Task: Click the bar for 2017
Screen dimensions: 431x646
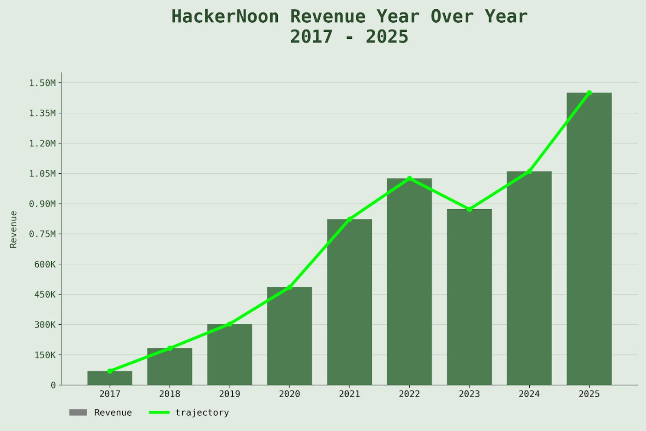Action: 110,378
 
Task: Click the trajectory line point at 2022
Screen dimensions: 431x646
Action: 409,178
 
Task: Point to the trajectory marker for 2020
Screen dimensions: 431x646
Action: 289,287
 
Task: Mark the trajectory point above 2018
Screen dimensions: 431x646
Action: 170,348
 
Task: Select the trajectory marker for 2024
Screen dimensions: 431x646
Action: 529,171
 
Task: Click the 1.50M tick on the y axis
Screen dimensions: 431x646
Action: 42,83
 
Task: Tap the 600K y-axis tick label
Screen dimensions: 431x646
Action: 45,264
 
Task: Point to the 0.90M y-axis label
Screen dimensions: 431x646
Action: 42,204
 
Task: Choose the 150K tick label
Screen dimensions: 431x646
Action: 45,355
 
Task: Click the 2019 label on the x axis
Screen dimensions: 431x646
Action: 229,394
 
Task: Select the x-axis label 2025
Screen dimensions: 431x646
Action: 589,394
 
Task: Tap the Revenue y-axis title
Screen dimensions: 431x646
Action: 13,229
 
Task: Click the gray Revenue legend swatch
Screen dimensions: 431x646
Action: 78,413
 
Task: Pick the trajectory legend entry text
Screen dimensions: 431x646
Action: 202,413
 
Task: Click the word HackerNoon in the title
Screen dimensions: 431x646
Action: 225,17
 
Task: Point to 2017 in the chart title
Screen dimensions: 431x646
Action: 311,37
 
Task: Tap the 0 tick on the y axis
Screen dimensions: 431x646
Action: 53,385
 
